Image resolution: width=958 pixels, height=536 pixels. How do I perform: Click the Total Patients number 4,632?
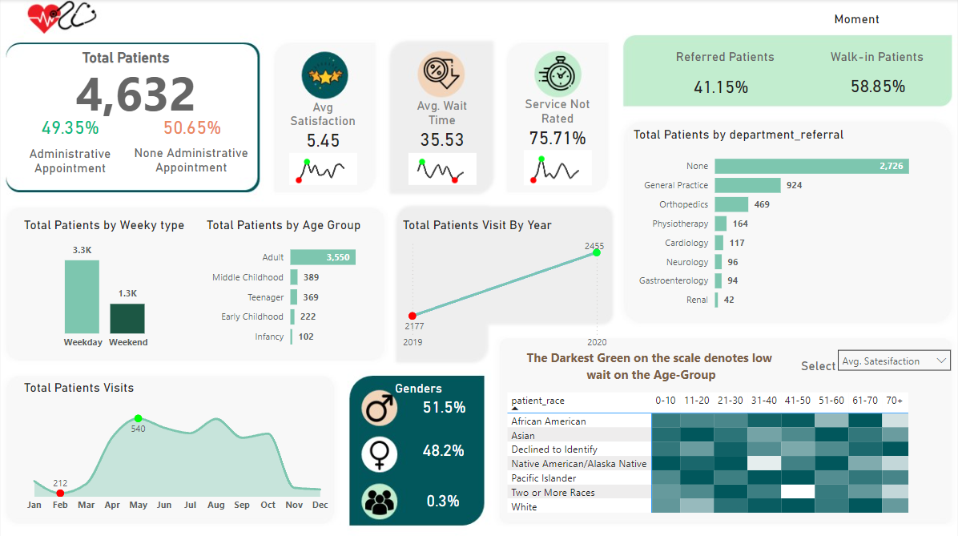point(135,95)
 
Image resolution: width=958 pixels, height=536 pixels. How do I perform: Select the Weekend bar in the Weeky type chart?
point(127,318)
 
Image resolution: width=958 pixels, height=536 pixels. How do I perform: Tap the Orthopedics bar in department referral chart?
point(731,204)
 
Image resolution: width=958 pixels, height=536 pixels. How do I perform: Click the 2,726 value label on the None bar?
point(891,166)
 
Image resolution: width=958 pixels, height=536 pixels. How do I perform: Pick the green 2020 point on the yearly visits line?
point(596,253)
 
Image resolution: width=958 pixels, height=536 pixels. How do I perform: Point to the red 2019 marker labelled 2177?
point(413,316)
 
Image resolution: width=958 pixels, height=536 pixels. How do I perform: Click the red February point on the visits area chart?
point(60,493)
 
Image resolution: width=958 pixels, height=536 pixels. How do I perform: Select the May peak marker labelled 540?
point(138,418)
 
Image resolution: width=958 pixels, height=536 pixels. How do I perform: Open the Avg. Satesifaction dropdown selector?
point(893,361)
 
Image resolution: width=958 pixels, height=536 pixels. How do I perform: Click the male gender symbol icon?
point(378,408)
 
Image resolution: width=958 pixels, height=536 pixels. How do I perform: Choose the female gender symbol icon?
point(378,453)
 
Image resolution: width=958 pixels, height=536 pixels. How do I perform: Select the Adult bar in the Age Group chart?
point(323,257)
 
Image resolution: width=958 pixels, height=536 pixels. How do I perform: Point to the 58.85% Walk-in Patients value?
point(878,87)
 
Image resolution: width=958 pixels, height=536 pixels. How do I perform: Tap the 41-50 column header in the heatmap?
point(797,400)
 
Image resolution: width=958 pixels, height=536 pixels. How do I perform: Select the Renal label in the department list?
point(697,300)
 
